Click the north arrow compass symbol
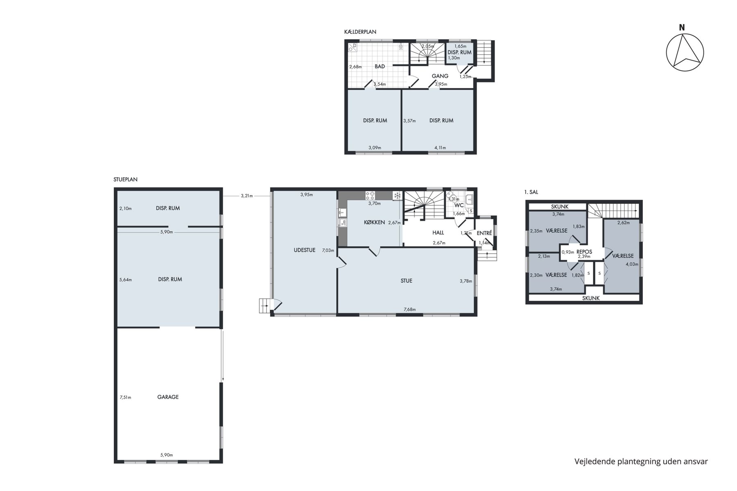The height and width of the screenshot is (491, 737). point(685,53)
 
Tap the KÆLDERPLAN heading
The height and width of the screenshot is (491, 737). point(360,32)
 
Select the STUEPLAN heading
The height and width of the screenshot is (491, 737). point(125,179)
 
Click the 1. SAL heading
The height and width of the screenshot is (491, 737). point(531,192)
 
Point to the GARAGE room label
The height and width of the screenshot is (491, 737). point(168,397)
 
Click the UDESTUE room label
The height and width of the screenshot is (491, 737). point(305,250)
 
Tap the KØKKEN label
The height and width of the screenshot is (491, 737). point(374,222)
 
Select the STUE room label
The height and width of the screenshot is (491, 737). point(407,281)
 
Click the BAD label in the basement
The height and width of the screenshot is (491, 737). point(380,66)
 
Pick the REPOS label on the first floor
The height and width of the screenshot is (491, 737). point(584,252)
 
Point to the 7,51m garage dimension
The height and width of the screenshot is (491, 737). point(125,397)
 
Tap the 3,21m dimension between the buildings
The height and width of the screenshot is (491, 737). point(247,196)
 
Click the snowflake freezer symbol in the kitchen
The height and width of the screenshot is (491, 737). point(397,196)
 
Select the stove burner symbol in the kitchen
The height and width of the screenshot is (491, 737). point(371,195)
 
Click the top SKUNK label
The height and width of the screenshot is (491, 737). point(560,207)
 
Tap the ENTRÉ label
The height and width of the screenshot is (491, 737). point(484,233)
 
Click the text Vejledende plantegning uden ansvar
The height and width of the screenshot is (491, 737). point(641,462)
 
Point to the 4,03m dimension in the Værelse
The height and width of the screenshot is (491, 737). point(632,264)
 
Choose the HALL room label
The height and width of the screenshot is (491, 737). point(438,233)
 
